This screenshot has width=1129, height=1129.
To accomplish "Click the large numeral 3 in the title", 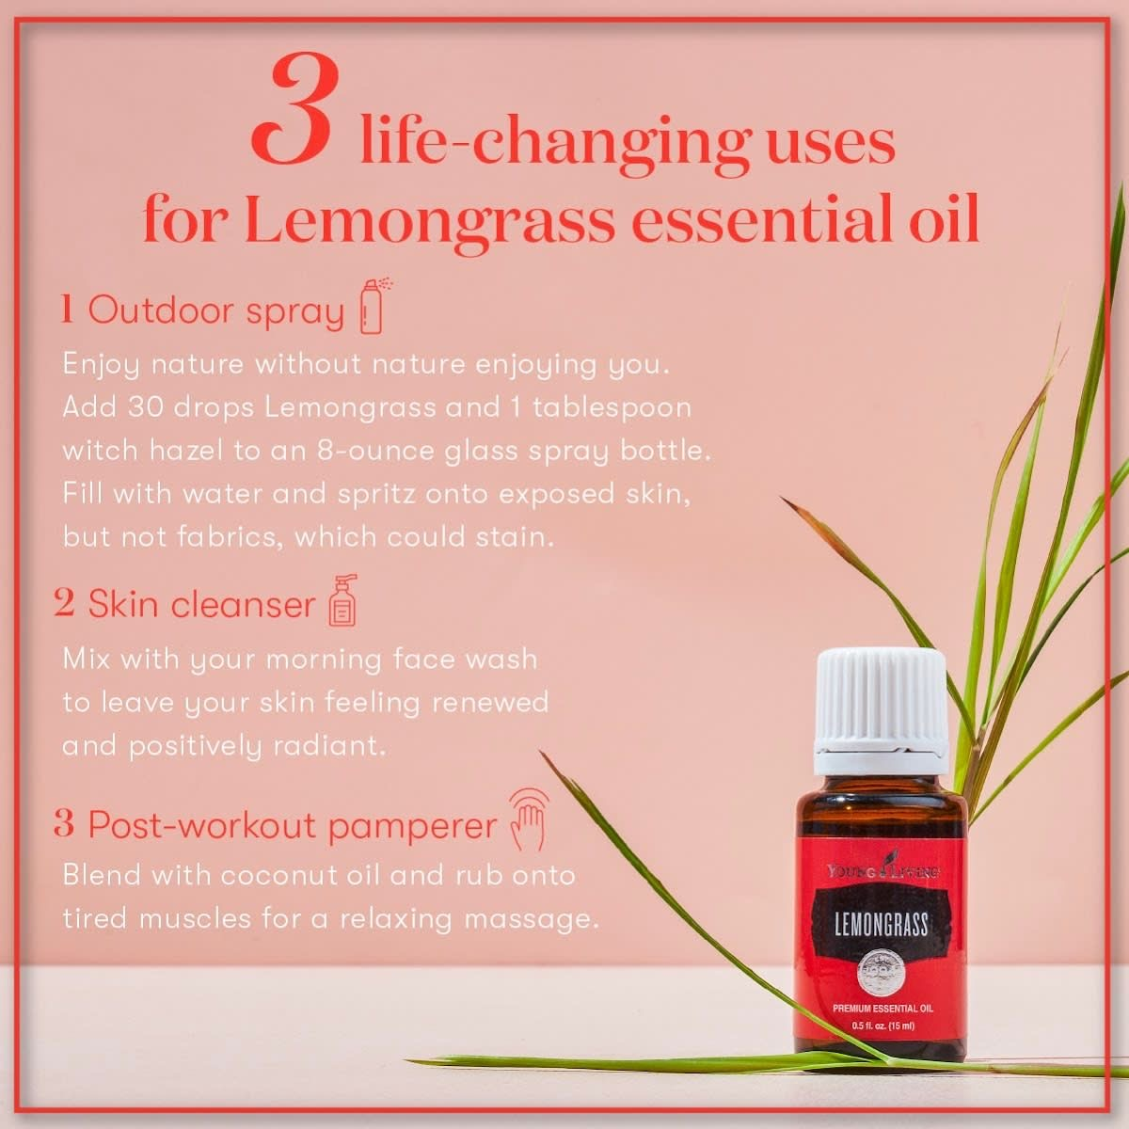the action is tap(295, 110).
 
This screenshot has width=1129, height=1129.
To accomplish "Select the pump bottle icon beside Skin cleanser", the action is tap(343, 601).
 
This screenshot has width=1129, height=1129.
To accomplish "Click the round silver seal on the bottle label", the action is tap(882, 976).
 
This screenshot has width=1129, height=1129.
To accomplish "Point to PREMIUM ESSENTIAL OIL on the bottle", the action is tap(883, 1009).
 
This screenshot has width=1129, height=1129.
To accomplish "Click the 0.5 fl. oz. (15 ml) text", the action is tap(883, 1026).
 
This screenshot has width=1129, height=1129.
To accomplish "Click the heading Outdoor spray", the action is tap(215, 310).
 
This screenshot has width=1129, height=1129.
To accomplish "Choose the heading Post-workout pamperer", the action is tap(293, 825).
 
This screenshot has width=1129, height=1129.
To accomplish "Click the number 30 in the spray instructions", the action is tap(145, 407).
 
